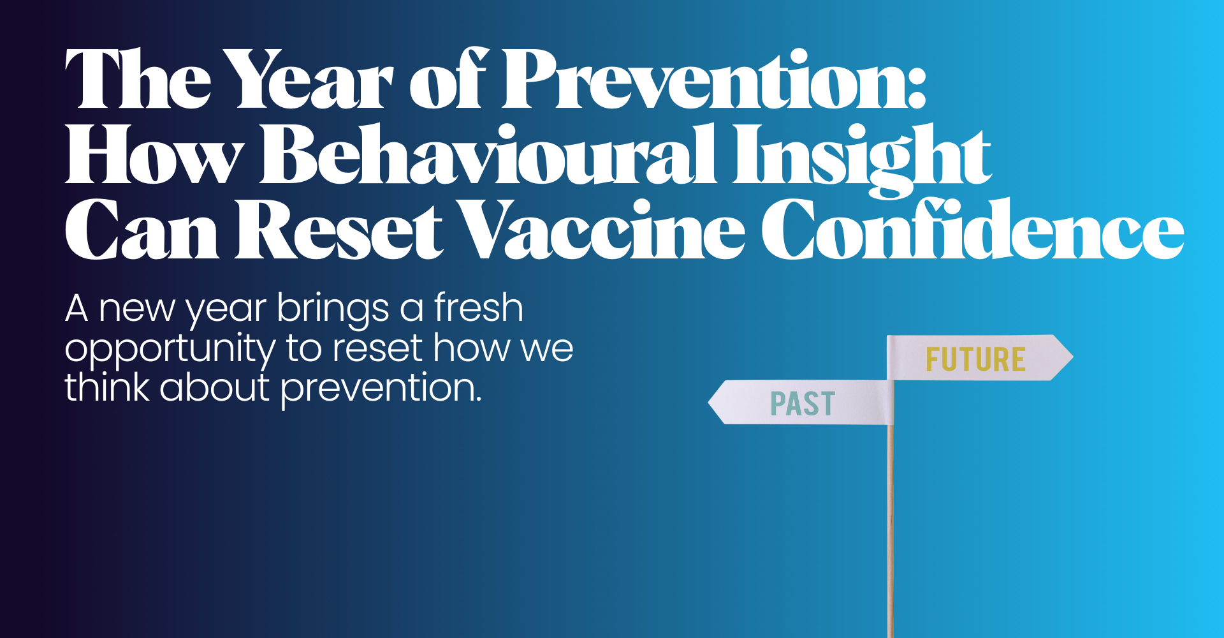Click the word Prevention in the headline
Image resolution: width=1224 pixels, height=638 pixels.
pos(708,80)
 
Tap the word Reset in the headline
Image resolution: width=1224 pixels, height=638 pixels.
pos(339,229)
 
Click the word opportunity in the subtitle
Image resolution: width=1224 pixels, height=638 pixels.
pos(170,350)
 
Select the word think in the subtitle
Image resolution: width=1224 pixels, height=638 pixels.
pos(106,387)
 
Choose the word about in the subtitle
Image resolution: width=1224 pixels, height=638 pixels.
pos(215,387)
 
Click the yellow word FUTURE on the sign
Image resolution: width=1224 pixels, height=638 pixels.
pos(975,360)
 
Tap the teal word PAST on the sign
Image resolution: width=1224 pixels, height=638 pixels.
pos(803,404)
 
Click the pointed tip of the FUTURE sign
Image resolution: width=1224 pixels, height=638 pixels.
pos(1073,357)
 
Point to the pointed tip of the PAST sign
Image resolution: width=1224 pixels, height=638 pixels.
pos(709,403)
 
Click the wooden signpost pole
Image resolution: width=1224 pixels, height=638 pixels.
pos(891,530)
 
